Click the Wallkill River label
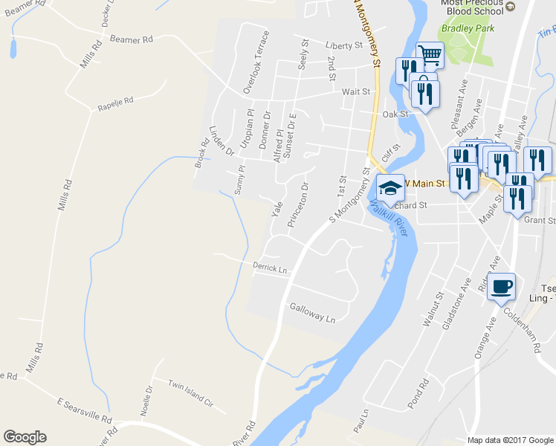(x=388, y=221)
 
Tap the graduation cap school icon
(x=389, y=190)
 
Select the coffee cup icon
(x=502, y=286)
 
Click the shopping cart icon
(x=429, y=54)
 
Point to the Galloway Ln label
(x=313, y=312)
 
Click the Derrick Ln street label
(x=270, y=268)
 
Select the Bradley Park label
(x=462, y=29)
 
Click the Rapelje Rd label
(x=115, y=105)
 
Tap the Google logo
(x=25, y=437)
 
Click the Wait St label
(x=355, y=91)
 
